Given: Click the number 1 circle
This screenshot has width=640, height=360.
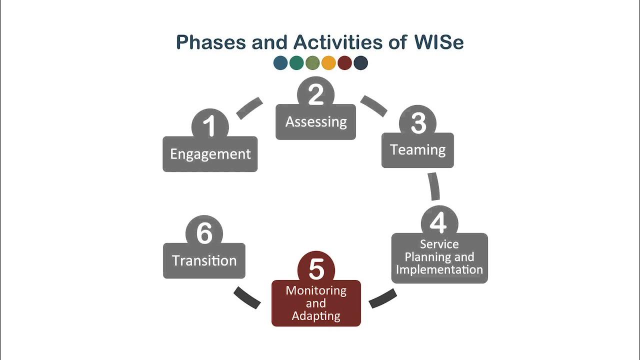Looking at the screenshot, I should click(210, 125).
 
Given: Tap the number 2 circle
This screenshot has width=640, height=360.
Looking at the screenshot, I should click(315, 94).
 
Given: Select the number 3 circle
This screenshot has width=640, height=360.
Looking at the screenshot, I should click(418, 123).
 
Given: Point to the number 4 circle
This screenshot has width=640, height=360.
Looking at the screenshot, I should click(439, 223).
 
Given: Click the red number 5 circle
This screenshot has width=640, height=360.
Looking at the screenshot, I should click(316, 269).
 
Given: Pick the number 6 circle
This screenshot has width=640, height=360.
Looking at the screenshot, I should click(204, 233).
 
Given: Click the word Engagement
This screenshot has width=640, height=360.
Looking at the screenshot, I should click(210, 154).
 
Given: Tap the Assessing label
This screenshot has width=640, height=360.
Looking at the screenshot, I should click(316, 121).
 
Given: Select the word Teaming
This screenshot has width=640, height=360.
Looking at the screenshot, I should click(417, 149).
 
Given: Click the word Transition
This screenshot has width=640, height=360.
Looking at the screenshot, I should click(204, 260).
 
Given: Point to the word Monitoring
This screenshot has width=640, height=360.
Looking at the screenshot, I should click(316, 290).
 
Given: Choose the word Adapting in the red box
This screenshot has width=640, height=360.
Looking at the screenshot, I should click(316, 316).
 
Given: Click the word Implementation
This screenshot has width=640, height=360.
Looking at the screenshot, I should click(439, 270).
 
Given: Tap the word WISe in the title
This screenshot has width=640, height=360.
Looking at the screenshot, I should click(438, 42).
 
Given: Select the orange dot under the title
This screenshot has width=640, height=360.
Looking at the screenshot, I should click(328, 63).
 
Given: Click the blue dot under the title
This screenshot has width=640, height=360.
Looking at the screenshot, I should click(280, 63).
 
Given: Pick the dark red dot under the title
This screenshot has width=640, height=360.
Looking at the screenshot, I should click(344, 63).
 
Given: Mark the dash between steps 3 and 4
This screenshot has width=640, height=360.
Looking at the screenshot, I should click(434, 186).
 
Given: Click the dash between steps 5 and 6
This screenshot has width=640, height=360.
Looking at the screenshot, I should click(247, 297).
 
